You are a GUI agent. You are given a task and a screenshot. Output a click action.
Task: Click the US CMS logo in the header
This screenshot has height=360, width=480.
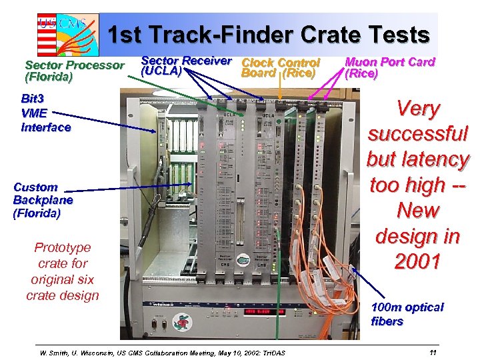[x=67, y=33]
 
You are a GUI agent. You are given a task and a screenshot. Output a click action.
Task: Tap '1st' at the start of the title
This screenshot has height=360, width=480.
[x=124, y=35]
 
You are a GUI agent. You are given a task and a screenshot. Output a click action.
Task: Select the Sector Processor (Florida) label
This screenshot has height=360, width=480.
[x=74, y=71]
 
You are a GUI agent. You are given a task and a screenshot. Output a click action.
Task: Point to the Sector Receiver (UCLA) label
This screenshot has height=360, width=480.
[x=186, y=65]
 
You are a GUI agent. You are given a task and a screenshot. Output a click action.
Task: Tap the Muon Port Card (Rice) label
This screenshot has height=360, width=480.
[x=389, y=67]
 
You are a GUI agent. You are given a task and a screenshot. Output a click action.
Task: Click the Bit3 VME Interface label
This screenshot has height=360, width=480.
[x=45, y=113]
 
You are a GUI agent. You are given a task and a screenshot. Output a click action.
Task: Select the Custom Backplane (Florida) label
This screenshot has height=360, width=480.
[x=43, y=200]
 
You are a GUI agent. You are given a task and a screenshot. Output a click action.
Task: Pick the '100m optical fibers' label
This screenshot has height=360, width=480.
[x=407, y=314]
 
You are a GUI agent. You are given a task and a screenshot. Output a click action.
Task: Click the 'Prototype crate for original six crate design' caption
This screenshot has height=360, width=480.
[x=62, y=271]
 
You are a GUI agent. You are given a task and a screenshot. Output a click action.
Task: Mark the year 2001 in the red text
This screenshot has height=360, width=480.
[x=417, y=261]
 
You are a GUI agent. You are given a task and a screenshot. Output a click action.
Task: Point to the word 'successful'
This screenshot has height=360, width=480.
[x=418, y=134]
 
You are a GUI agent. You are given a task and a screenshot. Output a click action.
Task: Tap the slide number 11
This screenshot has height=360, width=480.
[x=433, y=352]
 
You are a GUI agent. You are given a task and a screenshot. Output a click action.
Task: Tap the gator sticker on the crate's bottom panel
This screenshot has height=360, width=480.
[x=180, y=319]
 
